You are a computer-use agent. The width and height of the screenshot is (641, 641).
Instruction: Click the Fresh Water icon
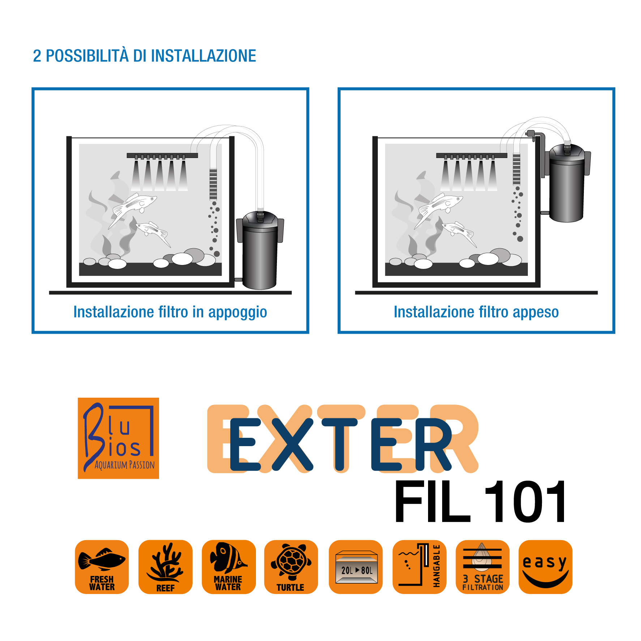(x=102, y=567)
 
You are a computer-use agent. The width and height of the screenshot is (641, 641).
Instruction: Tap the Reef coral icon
(x=165, y=567)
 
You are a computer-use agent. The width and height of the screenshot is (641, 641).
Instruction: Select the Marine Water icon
(x=228, y=567)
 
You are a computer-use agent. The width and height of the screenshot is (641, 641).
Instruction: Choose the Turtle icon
(x=291, y=567)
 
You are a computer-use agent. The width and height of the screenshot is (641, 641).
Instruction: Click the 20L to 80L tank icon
(x=355, y=567)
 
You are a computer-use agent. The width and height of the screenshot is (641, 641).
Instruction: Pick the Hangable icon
(x=419, y=567)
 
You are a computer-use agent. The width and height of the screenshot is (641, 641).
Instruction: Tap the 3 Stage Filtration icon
(x=482, y=567)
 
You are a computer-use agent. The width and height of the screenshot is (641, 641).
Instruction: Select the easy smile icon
(x=545, y=567)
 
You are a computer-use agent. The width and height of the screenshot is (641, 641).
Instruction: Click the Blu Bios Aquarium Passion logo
(x=118, y=438)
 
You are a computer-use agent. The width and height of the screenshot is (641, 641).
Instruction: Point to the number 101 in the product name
(x=525, y=501)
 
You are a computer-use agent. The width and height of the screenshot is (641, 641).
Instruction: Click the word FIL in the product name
(x=432, y=501)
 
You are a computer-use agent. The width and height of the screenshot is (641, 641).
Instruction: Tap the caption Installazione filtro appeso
(x=476, y=312)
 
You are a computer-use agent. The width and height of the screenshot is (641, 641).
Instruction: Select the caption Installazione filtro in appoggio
(x=170, y=312)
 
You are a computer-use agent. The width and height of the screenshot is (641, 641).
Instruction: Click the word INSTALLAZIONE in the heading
(x=204, y=56)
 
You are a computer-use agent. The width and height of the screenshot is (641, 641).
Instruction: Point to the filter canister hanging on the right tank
(x=567, y=183)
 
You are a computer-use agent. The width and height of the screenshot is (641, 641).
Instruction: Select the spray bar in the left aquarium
(x=162, y=156)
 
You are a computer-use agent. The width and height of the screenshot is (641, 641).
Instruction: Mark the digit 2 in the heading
(x=37, y=56)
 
